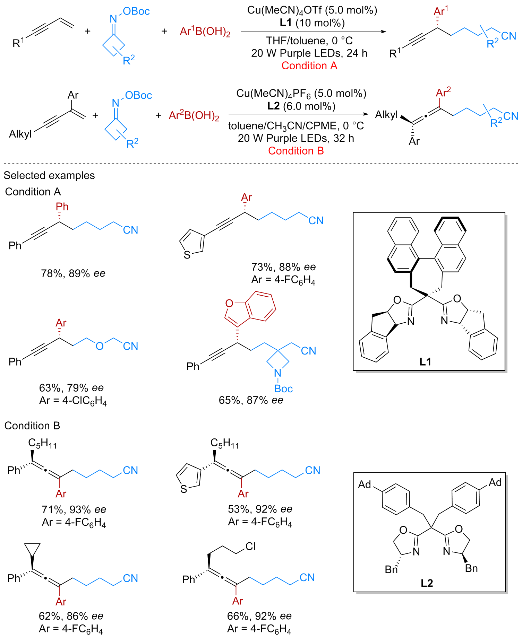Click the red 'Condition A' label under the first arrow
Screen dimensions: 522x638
click(309, 65)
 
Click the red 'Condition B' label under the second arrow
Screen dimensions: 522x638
click(296, 151)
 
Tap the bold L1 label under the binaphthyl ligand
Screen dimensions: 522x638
click(425, 362)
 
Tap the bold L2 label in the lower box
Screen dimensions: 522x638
click(427, 583)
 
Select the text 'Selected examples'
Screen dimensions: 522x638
click(49, 175)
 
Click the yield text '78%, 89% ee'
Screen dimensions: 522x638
click(73, 273)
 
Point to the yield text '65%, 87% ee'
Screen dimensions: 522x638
click(251, 400)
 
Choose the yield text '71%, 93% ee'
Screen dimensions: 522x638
click(74, 509)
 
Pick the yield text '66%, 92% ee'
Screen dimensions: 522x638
click(259, 616)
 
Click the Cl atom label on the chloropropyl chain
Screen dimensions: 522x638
click(250, 547)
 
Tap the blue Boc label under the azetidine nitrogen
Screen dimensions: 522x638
click(283, 388)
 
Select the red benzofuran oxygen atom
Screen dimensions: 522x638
click(229, 304)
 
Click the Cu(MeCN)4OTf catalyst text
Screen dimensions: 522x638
click(312, 10)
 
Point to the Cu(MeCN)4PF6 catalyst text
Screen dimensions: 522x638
click(301, 94)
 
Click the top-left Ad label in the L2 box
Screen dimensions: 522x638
click(365, 484)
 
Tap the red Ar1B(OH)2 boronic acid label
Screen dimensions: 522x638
click(205, 32)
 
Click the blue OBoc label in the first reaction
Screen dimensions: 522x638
click(136, 11)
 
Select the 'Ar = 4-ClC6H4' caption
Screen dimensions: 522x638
click(73, 401)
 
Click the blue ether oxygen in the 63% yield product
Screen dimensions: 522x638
click(100, 346)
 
